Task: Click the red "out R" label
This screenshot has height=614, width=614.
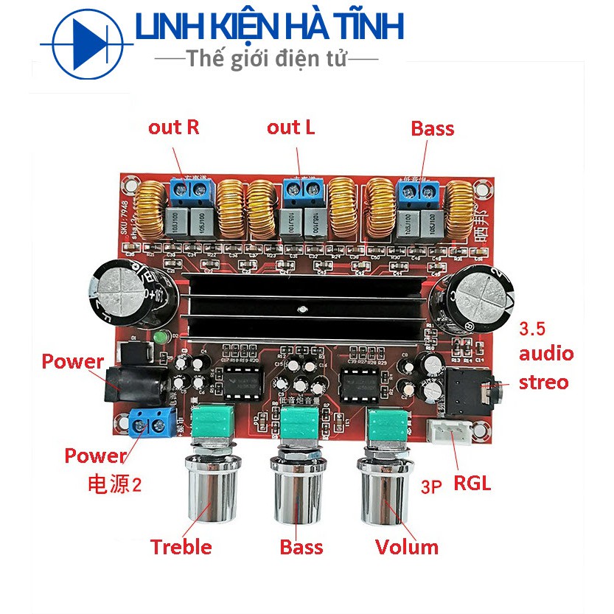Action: [x=174, y=127]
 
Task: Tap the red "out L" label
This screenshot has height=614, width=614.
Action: [x=291, y=127]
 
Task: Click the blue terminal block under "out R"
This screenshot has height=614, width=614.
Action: [x=192, y=192]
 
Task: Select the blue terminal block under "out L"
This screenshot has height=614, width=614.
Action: [x=303, y=192]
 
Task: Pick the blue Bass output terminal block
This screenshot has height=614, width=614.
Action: [x=419, y=194]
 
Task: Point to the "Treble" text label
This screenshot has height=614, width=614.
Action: [x=181, y=547]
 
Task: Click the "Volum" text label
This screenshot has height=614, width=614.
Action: [x=406, y=547]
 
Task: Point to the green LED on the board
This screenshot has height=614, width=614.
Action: [x=160, y=339]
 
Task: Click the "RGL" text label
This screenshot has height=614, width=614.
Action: [x=472, y=484]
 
